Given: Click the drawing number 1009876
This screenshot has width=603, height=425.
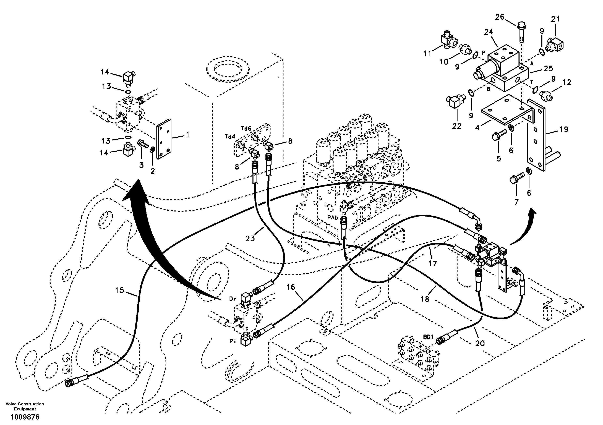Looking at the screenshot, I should [25, 417].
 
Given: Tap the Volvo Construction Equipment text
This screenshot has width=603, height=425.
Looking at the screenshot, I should [25, 406].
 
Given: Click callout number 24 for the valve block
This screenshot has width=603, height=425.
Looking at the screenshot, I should [488, 32].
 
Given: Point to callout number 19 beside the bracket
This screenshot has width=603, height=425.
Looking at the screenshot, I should [564, 129].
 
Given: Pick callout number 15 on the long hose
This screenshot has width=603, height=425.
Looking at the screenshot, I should [120, 290].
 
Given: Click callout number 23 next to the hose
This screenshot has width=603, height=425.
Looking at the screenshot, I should [250, 238].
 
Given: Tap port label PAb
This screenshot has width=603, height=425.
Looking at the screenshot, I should [333, 218].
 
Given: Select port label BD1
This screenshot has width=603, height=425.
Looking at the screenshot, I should [428, 337].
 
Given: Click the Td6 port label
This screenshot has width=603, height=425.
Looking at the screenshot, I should [246, 129].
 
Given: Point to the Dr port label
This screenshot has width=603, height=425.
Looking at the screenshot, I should [232, 299].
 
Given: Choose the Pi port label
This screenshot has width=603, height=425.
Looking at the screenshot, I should [232, 341].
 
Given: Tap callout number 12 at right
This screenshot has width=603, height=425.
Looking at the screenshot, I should [567, 82].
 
